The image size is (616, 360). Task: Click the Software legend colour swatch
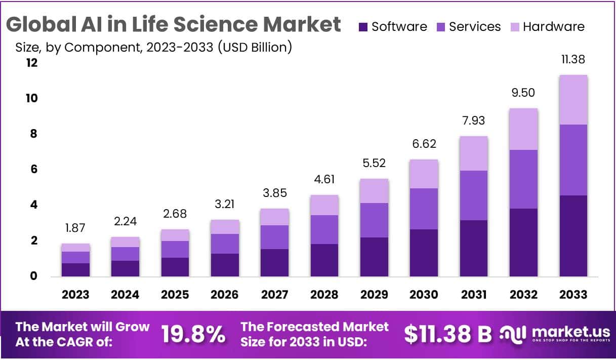(x=363, y=27)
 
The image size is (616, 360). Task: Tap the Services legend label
(x=475, y=27)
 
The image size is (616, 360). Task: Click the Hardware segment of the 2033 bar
(x=573, y=100)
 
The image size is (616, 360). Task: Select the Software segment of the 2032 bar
(x=524, y=242)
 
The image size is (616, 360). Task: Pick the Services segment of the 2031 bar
(x=474, y=195)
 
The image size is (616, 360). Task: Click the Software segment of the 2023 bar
(x=75, y=269)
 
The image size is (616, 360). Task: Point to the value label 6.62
(x=424, y=144)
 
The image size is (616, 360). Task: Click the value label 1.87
(x=75, y=228)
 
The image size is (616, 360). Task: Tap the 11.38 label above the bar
(x=573, y=60)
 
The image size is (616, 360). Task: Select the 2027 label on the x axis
(x=274, y=295)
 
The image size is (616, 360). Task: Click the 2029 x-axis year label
(x=374, y=295)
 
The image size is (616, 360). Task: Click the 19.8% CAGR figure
(x=193, y=334)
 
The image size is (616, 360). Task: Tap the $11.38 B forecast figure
(x=448, y=334)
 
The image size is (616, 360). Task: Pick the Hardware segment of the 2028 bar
(x=324, y=205)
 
